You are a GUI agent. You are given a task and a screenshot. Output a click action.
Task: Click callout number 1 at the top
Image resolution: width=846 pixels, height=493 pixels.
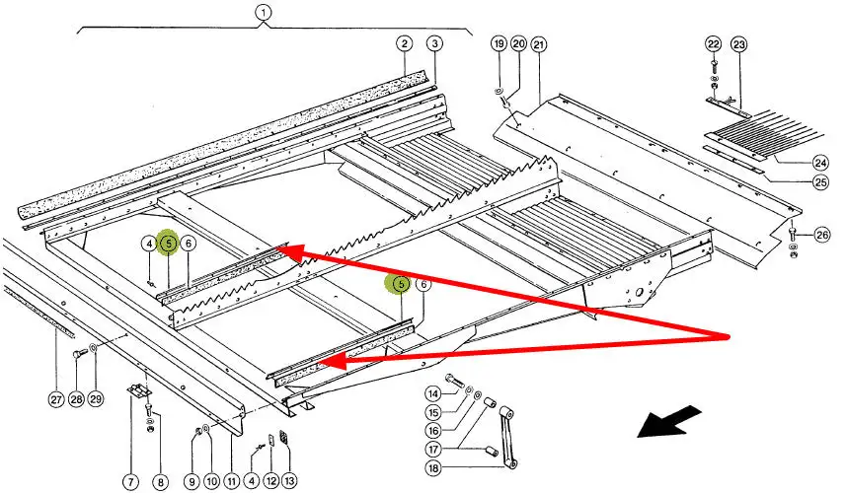pos(263,13)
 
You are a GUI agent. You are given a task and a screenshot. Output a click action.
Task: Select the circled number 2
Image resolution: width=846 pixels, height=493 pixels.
pos(404,43)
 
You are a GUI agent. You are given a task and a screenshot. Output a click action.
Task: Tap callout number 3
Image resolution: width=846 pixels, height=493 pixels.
pos(435,43)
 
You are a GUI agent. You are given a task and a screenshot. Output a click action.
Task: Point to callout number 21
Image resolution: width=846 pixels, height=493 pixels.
pos(538,44)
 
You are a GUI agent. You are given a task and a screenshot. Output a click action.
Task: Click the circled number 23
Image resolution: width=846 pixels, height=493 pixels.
pos(739,44)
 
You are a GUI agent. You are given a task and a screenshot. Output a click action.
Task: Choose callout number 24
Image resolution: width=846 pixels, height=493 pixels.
pos(820,163)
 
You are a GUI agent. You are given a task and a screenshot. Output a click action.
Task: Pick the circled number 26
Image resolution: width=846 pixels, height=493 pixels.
pos(822,235)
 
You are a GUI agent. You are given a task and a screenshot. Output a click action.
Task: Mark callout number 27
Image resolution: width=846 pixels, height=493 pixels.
pos(55,399)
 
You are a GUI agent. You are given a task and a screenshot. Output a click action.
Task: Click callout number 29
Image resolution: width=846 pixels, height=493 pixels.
pos(96,399)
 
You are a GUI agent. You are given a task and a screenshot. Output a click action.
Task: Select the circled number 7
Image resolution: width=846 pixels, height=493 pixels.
pos(130,482)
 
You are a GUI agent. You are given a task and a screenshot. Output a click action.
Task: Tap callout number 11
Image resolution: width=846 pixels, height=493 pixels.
pos(231,482)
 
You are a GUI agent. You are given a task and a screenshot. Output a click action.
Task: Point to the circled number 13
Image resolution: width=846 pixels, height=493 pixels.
pos(289,482)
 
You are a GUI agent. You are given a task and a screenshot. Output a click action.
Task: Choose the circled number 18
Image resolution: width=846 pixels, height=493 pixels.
pos(432,468)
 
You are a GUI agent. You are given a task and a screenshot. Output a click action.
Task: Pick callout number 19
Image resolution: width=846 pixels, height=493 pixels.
pos(498,44)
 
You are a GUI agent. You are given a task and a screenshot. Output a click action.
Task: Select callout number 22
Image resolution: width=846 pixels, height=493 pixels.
pos(714,44)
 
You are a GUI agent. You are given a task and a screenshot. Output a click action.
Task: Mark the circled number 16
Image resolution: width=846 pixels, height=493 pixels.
pos(432,431)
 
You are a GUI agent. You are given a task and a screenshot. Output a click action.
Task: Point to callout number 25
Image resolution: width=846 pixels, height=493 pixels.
pos(820,183)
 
